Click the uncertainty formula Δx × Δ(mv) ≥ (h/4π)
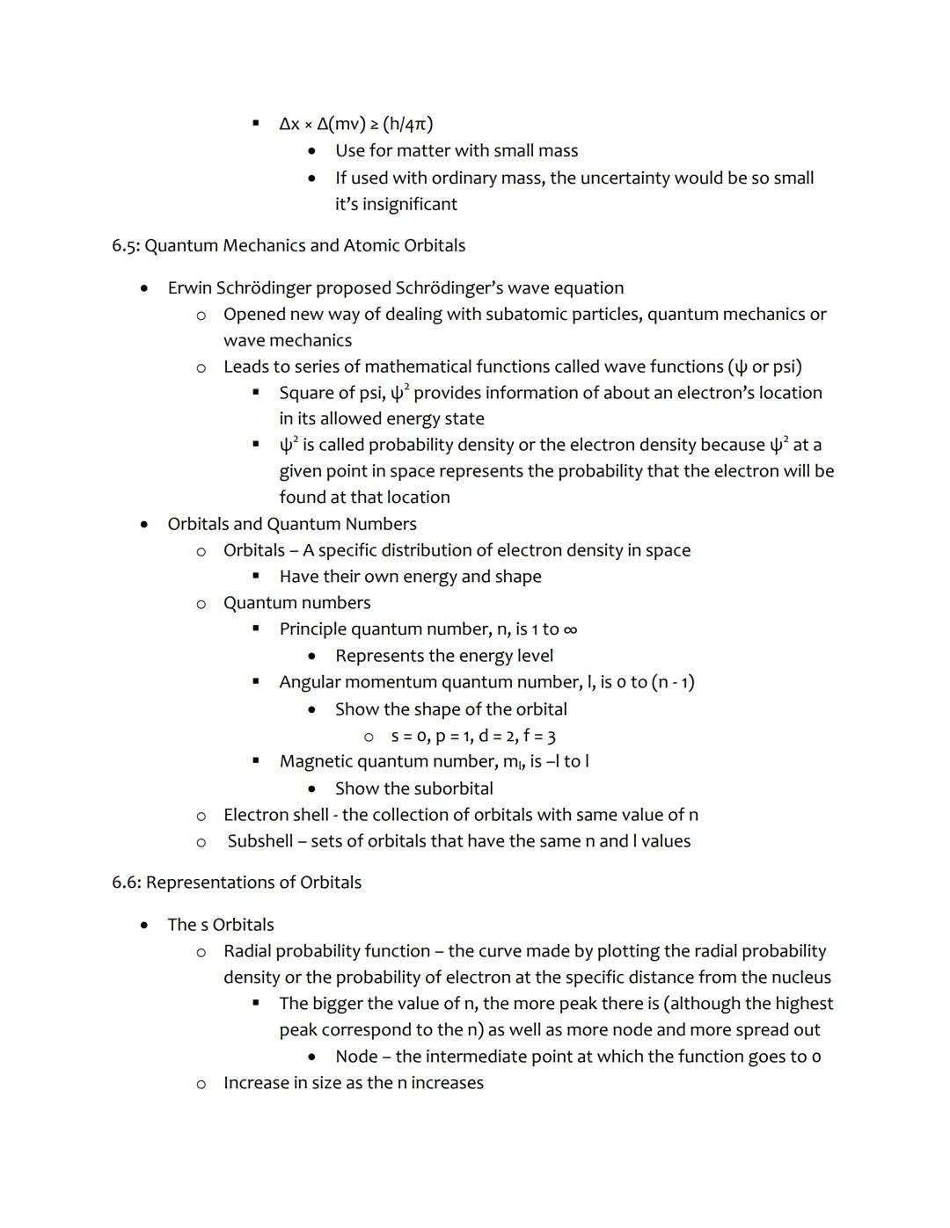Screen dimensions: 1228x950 coord(355,124)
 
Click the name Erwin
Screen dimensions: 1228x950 coord(190,288)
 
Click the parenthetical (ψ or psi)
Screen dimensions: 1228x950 coord(764,367)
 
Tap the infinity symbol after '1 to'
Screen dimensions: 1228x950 coord(570,629)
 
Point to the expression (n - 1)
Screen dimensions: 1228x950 coord(673,682)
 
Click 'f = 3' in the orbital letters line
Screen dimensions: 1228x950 coord(539,736)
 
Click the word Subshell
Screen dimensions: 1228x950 coord(259,841)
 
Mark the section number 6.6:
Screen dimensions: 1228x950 coord(127,883)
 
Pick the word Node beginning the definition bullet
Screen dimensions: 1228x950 coord(356,1057)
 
